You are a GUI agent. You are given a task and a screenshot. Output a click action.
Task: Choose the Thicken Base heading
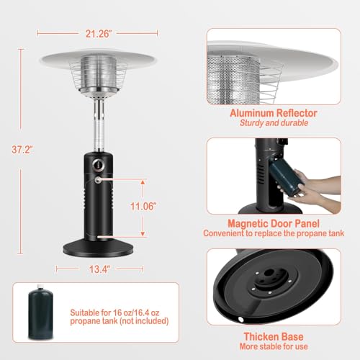pos(273,336)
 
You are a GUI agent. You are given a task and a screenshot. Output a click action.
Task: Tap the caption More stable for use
pos(273,346)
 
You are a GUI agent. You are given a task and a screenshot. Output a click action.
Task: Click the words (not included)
pos(140,323)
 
